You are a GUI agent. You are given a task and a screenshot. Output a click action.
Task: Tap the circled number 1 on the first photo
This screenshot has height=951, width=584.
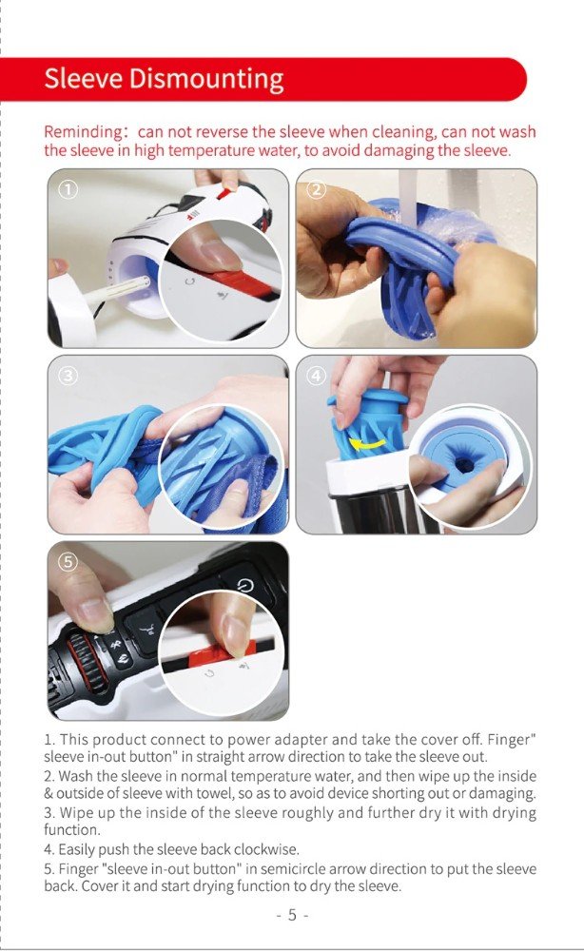[68, 189]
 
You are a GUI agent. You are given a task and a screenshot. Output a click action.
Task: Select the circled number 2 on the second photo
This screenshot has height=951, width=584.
[316, 189]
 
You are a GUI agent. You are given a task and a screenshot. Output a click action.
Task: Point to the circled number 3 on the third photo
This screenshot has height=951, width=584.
[68, 376]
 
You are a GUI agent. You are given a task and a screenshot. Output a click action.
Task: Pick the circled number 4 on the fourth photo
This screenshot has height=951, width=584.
[316, 376]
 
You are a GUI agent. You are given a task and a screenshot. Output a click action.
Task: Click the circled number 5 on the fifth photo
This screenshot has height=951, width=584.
[68, 562]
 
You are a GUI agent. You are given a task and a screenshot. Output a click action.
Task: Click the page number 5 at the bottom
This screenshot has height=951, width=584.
[292, 915]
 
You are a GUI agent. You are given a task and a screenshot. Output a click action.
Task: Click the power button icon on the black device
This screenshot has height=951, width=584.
[245, 585]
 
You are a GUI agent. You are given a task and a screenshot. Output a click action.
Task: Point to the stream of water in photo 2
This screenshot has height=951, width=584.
[409, 197]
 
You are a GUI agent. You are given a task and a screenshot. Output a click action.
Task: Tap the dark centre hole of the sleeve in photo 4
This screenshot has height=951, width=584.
[464, 466]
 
